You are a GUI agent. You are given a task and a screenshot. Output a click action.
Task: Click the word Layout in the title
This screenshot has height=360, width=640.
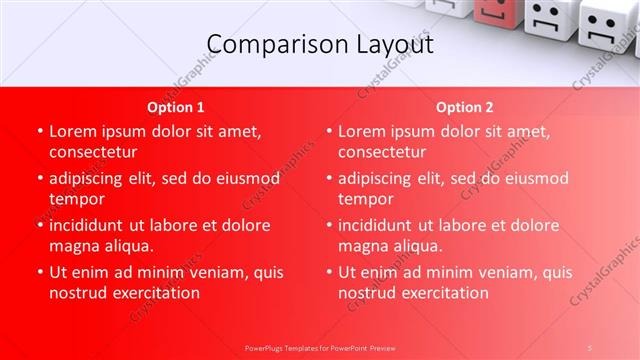[391, 44]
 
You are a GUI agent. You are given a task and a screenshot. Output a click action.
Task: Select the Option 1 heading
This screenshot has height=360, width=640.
[176, 107]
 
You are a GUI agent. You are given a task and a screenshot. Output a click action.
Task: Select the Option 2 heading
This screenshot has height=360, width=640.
[464, 107]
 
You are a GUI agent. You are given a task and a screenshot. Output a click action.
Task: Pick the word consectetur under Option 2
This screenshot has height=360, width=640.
[382, 152]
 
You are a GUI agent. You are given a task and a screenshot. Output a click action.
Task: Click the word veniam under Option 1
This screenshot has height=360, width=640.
[199, 272]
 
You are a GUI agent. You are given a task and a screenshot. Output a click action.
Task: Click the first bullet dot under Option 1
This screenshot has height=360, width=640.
[39, 131]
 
